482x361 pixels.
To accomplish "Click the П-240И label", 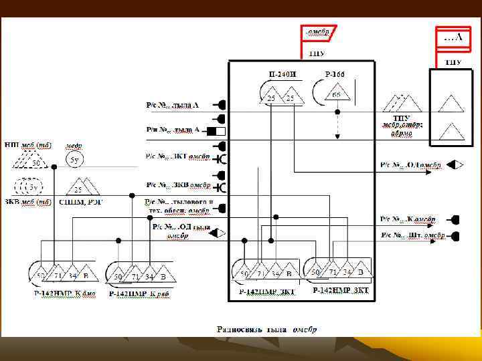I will [x=280, y=74].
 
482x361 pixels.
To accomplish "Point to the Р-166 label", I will [x=334, y=74].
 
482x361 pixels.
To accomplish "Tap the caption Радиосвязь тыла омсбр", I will [x=266, y=329].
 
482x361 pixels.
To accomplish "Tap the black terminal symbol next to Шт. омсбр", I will [x=456, y=235].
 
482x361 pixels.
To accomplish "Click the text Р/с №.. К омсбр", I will [x=408, y=219].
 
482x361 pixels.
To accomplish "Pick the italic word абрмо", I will [x=402, y=132].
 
